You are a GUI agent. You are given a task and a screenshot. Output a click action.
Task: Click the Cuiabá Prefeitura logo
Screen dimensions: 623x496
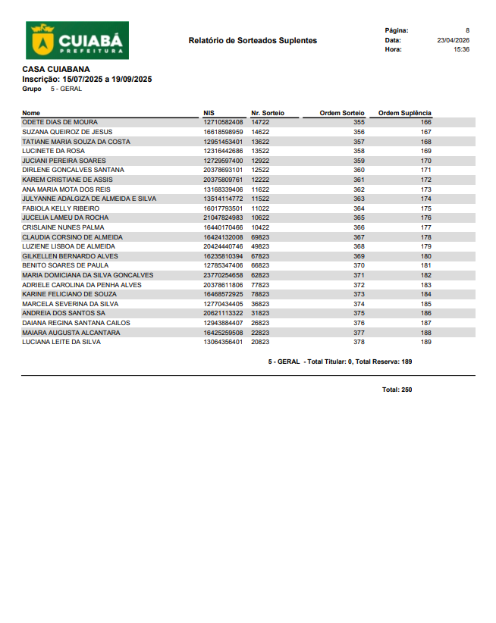[x=77, y=40]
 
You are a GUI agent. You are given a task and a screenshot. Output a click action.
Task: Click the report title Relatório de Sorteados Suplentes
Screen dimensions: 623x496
[x=253, y=40]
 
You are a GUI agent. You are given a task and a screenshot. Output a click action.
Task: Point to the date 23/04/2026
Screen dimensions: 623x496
[x=453, y=40]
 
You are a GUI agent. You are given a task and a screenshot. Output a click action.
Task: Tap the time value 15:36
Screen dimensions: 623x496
[x=461, y=49]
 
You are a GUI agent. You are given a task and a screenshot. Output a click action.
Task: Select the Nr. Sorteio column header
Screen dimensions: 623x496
[x=268, y=113]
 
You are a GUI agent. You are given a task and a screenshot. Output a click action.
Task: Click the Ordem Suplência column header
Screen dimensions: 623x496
[x=404, y=113]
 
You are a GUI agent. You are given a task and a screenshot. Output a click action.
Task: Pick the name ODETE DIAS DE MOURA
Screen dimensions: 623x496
[x=60, y=122]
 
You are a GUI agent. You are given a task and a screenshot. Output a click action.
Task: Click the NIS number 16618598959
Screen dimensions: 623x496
[x=224, y=132]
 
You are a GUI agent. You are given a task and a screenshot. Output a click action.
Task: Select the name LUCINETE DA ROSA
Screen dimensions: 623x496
[x=53, y=151]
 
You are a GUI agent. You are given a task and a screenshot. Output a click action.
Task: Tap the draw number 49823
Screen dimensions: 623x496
[x=260, y=246]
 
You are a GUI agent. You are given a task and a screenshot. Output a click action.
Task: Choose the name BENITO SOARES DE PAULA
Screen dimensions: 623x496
[x=65, y=265]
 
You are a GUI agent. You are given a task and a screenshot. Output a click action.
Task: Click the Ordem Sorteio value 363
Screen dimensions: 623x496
[x=359, y=199]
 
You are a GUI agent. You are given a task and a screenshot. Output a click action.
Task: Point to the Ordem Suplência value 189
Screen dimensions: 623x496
[x=425, y=342]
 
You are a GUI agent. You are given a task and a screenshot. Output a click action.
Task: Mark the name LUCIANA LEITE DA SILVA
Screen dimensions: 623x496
[x=61, y=342]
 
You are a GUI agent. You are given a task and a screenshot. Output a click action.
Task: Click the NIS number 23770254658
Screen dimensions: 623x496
[x=224, y=275]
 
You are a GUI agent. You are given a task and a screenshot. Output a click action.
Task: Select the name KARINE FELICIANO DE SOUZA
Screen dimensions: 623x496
[x=68, y=294]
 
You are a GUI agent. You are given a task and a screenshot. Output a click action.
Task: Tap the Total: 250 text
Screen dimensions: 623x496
[x=397, y=390]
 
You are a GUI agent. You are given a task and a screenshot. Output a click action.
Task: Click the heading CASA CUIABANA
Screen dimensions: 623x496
[x=56, y=69]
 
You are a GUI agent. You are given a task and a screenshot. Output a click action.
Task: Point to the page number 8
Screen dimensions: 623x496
[x=467, y=30]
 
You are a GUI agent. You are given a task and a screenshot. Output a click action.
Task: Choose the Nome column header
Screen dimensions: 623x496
[x=31, y=113]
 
